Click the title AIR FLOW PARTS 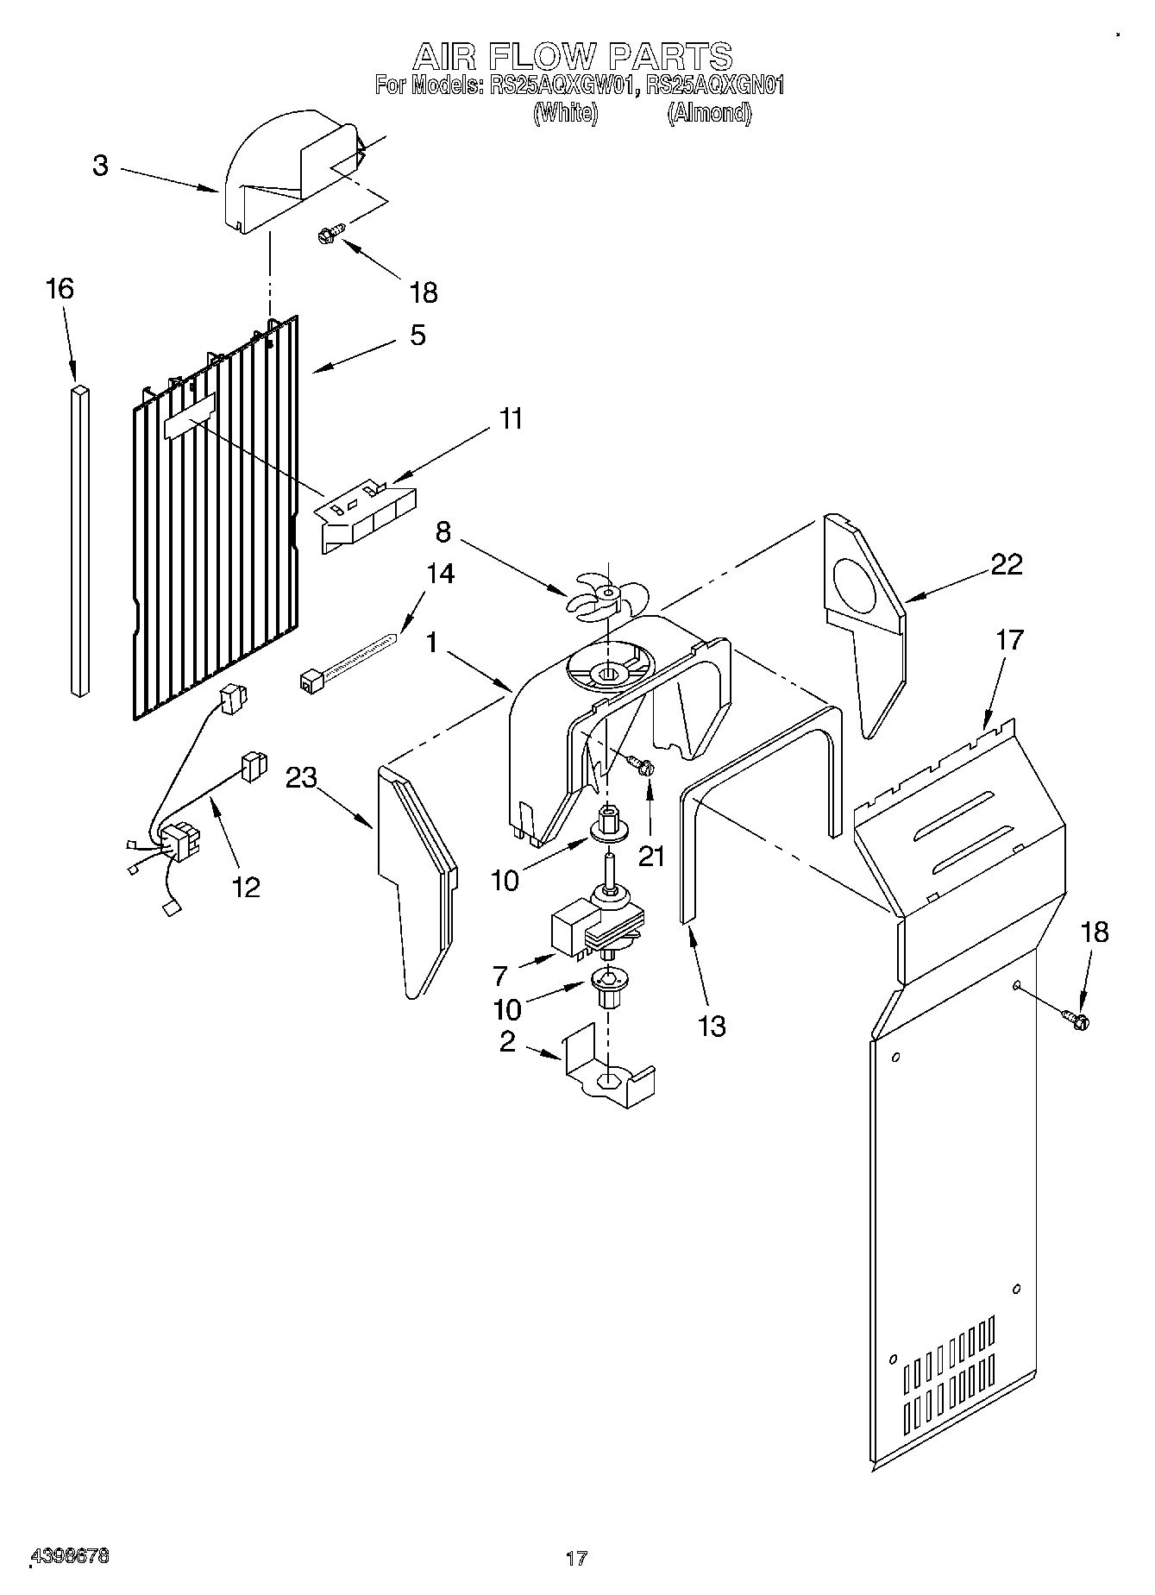pos(573,57)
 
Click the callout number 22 pos(1006,564)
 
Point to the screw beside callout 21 pos(641,763)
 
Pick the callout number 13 pos(712,1026)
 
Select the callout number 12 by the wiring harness pos(247,886)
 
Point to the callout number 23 pos(302,778)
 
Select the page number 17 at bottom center pos(576,1558)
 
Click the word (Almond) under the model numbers pos(709,113)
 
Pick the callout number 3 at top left pos(101,166)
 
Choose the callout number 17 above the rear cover pos(1009,640)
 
